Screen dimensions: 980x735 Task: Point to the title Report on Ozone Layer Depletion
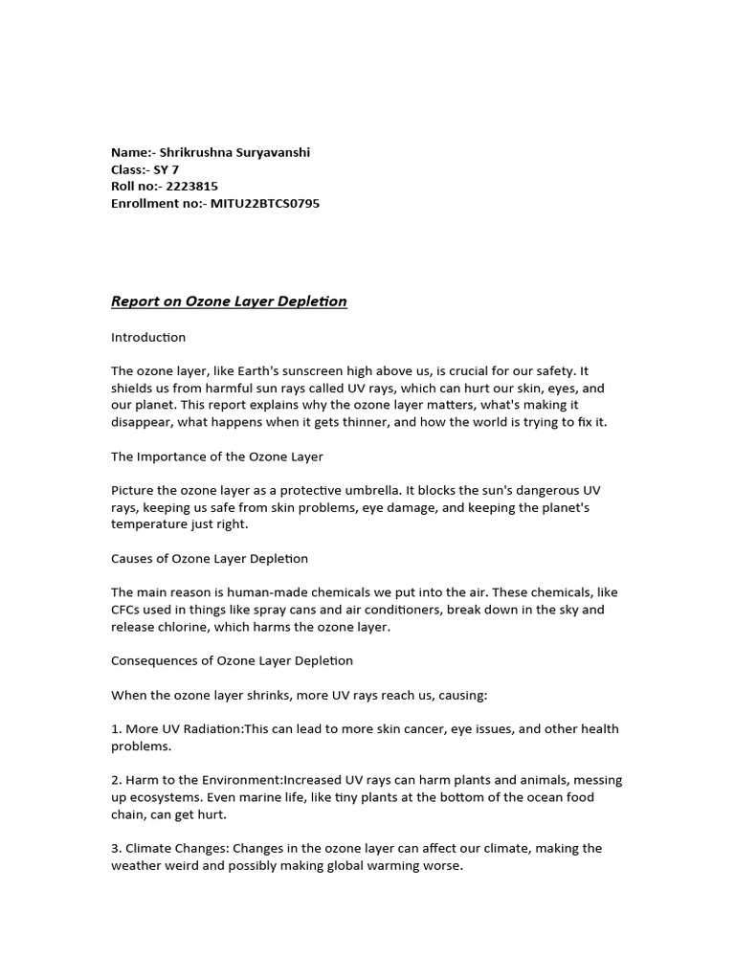[229, 301]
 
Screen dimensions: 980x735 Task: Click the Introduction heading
[148, 337]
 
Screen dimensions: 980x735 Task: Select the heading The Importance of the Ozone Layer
[217, 456]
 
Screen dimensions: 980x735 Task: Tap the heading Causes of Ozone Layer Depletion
[210, 558]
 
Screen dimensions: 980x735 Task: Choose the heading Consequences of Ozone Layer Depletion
[232, 660]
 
